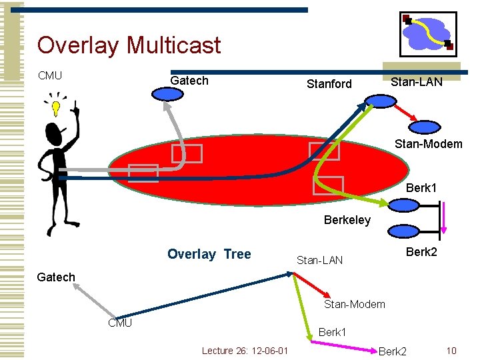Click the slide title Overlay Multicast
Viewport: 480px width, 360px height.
129,45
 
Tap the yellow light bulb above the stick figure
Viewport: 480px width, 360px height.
56,107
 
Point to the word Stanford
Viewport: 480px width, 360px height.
329,84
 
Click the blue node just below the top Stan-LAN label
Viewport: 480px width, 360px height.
380,101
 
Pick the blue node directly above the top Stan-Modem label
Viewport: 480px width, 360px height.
424,126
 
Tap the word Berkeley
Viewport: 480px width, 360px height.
347,220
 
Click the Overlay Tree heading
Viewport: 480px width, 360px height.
209,254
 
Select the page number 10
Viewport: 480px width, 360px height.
451,351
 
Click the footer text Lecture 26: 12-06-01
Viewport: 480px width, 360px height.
245,351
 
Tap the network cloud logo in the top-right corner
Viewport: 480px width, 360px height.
427,33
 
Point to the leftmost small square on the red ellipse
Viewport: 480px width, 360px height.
143,173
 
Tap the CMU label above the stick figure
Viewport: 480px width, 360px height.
50,75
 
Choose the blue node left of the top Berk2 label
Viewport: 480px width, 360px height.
403,231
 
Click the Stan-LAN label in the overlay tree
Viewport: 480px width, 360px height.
319,260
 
